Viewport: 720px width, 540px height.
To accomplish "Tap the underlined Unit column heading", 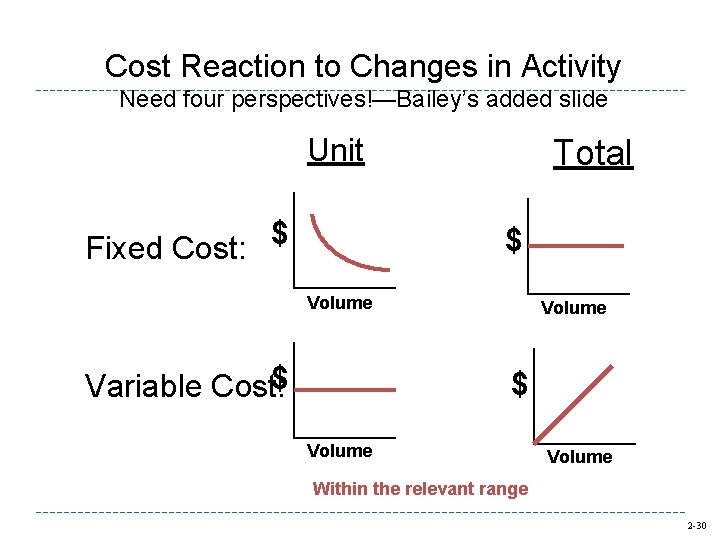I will [x=336, y=150].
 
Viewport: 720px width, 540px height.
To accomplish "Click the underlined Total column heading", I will [x=593, y=153].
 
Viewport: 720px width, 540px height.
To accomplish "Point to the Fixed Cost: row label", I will [x=166, y=247].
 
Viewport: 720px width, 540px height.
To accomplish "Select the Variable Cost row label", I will [x=180, y=385].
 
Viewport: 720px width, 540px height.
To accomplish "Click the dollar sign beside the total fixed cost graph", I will [x=513, y=240].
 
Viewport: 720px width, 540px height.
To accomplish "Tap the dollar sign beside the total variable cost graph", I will [x=519, y=383].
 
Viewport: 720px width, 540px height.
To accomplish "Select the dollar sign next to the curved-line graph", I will [x=280, y=233].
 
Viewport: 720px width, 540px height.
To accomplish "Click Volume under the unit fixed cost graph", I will [x=340, y=303].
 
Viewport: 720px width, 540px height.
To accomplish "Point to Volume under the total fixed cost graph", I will [x=573, y=308].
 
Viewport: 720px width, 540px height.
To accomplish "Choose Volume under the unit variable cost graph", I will [x=340, y=451].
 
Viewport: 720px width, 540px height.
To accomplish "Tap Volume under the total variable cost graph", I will [x=580, y=457].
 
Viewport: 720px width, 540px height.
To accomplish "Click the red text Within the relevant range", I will [x=420, y=489].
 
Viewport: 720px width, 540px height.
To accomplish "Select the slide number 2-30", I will [x=696, y=526].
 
